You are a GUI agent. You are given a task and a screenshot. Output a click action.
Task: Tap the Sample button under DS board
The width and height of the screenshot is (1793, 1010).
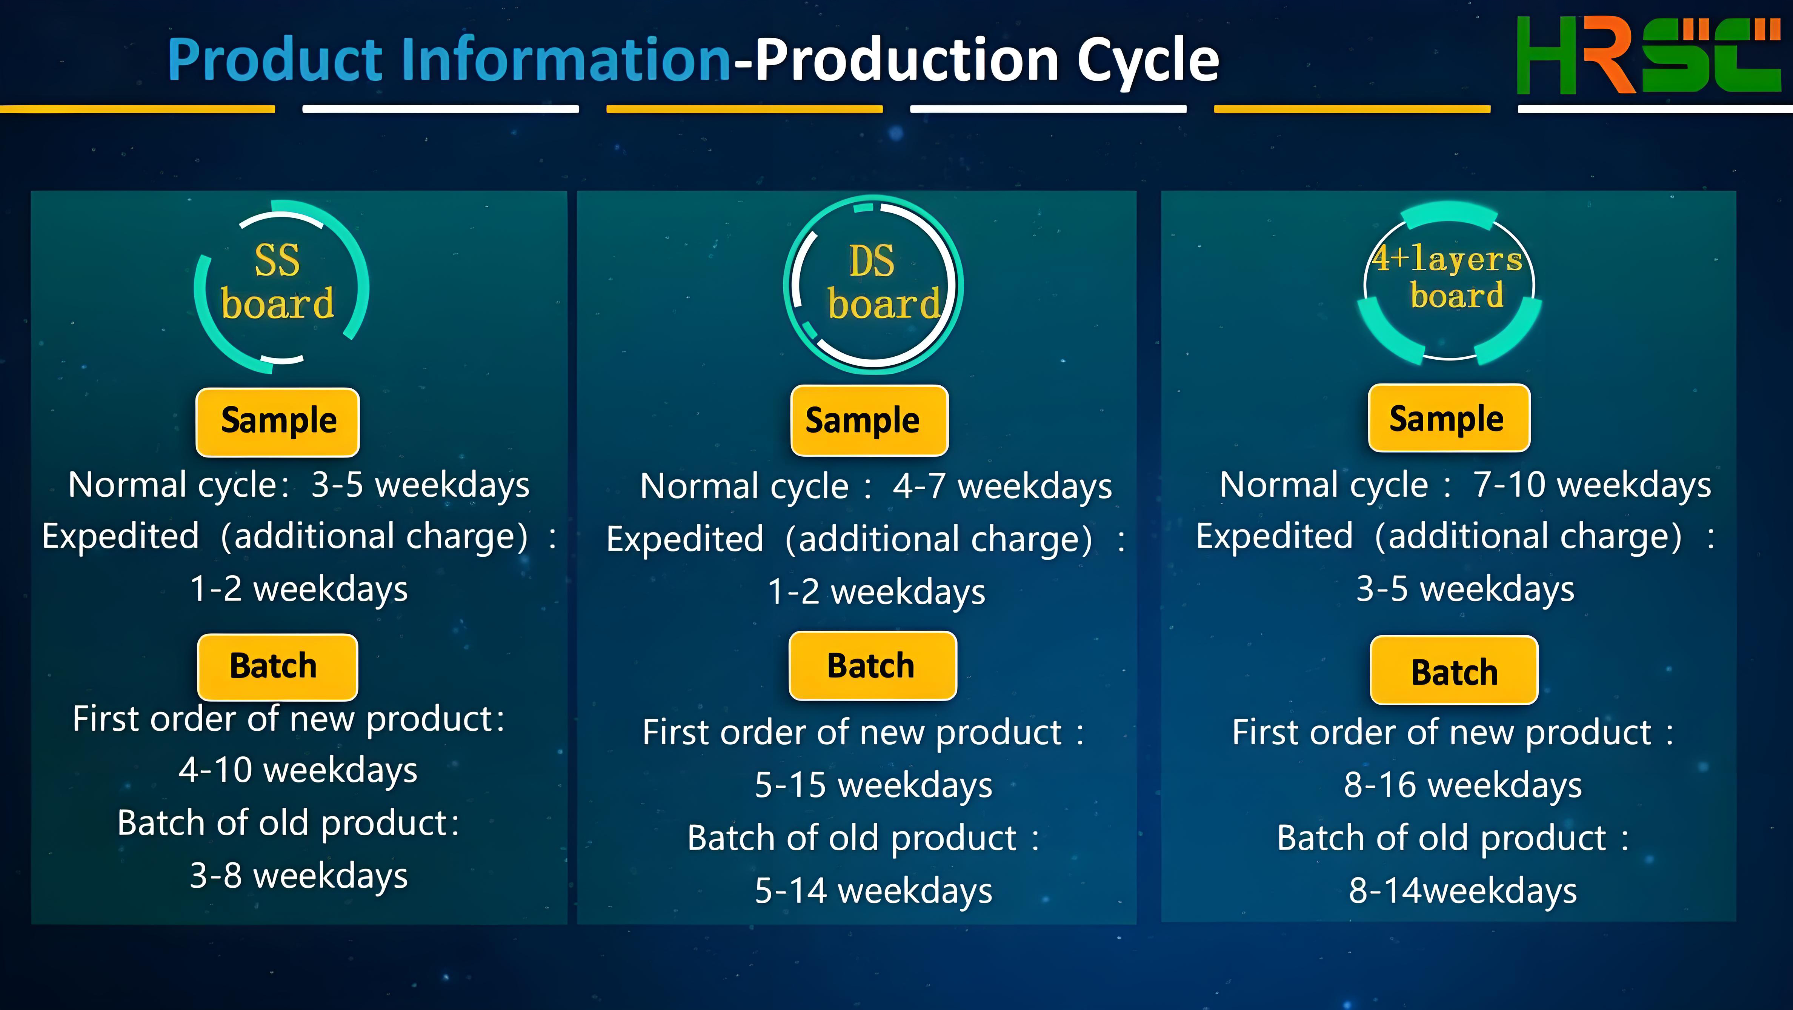[869, 420]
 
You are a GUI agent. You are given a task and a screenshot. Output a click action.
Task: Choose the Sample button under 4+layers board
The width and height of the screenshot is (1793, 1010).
[1449, 418]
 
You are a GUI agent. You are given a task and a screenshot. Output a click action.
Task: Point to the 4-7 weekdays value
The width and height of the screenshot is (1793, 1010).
[1002, 487]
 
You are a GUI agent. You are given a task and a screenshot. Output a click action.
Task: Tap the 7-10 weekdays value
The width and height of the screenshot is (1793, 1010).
[1592, 485]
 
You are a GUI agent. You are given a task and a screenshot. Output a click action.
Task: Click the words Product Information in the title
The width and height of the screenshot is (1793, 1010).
[449, 60]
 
